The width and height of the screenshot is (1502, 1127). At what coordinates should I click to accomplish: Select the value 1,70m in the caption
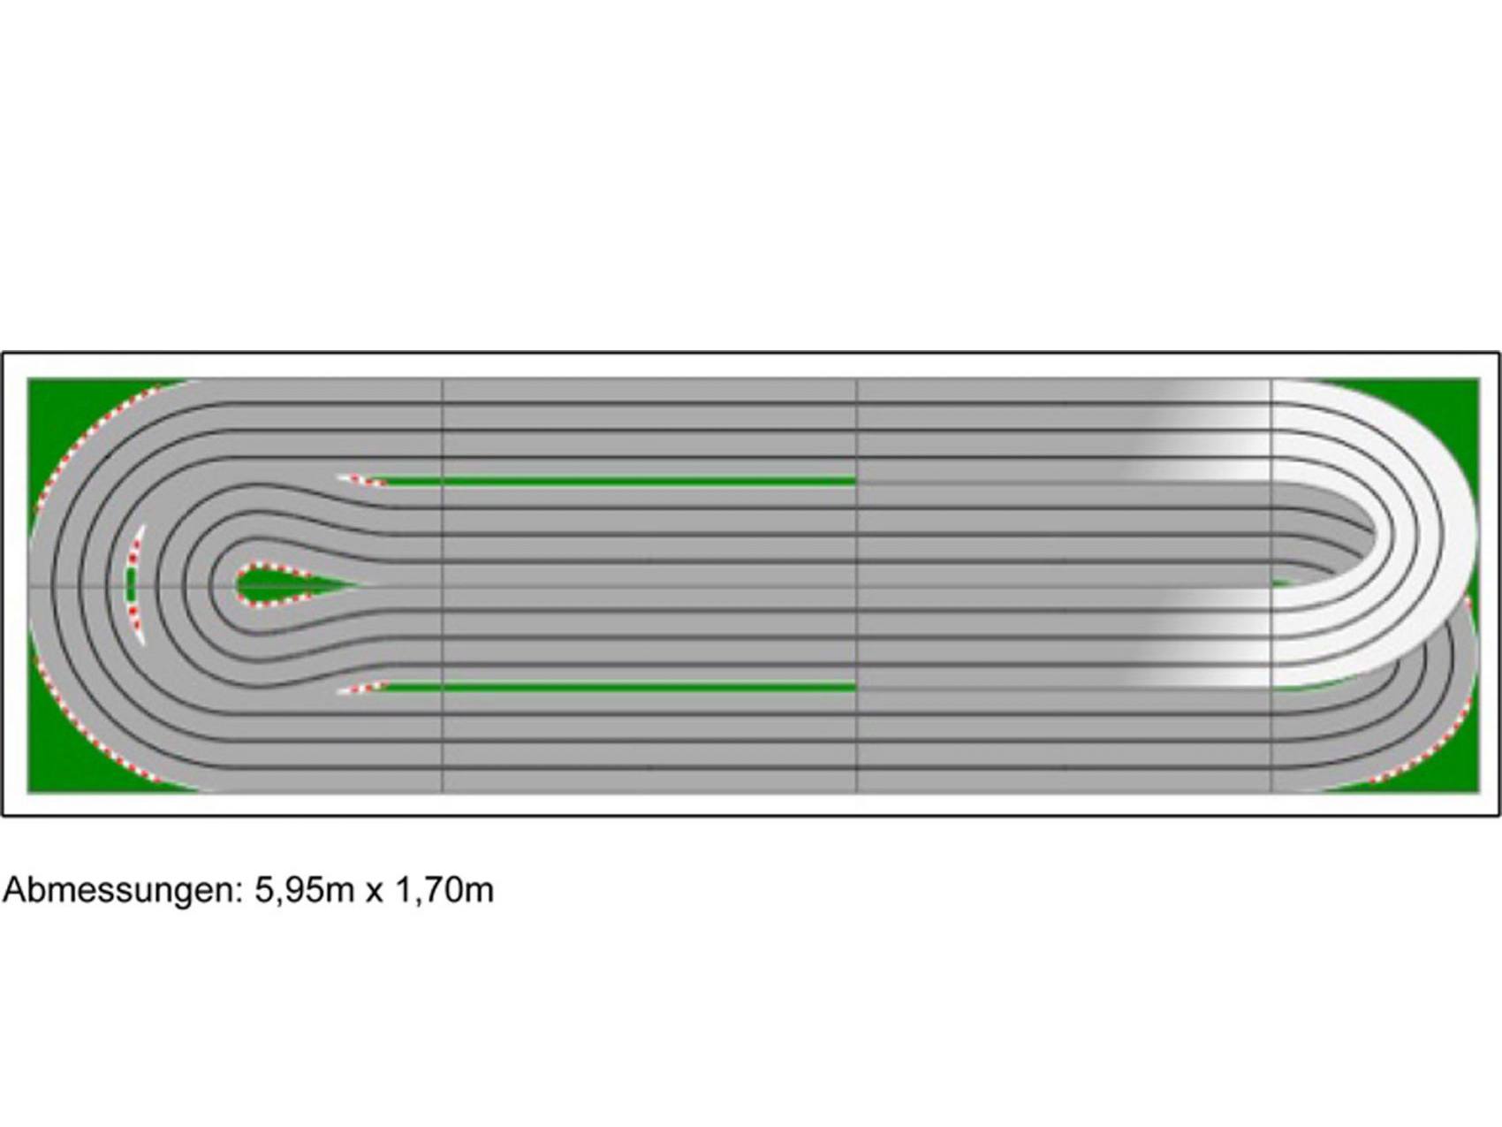click(444, 889)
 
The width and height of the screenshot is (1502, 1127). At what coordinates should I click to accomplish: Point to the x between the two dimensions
click(374, 892)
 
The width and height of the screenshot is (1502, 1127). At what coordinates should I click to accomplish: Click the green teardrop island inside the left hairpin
click(283, 584)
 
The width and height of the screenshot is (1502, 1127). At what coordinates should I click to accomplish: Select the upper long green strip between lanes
click(618, 482)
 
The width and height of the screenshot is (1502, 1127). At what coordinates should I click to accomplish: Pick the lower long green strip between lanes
click(618, 686)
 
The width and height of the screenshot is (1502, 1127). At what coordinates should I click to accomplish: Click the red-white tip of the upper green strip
click(360, 480)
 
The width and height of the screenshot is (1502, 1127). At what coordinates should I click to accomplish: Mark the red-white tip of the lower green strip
click(360, 688)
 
